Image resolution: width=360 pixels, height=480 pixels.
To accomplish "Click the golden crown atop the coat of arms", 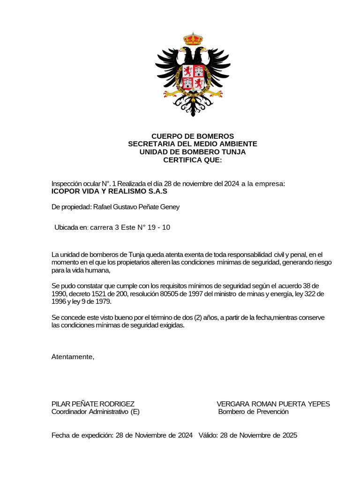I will click(x=192, y=39).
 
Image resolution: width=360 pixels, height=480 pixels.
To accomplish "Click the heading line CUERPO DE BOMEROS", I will click(x=192, y=136).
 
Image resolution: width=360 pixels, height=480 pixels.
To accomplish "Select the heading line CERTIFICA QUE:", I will click(x=192, y=160).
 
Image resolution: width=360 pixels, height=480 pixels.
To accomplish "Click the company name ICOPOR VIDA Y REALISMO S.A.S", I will click(x=109, y=191).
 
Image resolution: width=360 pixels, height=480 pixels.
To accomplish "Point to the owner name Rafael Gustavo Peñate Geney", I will click(x=136, y=207).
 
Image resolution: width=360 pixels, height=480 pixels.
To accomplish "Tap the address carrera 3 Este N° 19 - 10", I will click(x=130, y=227).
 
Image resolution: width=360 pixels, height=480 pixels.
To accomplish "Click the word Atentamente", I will click(x=73, y=357).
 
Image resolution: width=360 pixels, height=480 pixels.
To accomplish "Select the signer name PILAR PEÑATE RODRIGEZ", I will click(x=93, y=404).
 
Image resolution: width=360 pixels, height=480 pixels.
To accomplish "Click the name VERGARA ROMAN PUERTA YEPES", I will click(x=273, y=404).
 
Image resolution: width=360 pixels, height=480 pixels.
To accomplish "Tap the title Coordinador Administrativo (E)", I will click(x=95, y=412).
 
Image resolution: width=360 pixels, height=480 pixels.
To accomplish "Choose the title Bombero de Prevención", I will click(x=254, y=412).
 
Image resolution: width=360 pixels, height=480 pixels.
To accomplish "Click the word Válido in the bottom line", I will click(x=207, y=435).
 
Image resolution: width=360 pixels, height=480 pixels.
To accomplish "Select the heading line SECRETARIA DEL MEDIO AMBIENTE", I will click(x=192, y=144).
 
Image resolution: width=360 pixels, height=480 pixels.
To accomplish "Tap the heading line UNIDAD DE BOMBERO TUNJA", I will click(x=192, y=152).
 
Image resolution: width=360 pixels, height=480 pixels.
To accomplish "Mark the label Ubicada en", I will click(x=71, y=227).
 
